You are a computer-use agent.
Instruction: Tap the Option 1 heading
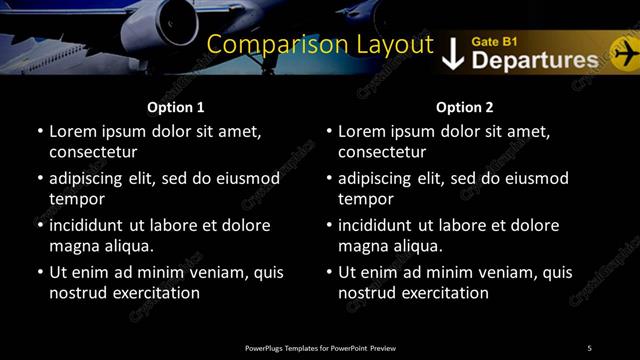pyautogui.click(x=176, y=107)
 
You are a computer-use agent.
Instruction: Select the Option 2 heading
pyautogui.click(x=465, y=107)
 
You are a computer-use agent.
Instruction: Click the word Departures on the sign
pyautogui.click(x=534, y=60)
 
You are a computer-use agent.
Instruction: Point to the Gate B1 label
pyautogui.click(x=494, y=41)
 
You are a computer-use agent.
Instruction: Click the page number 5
pyautogui.click(x=589, y=347)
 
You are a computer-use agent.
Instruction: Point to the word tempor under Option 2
pyautogui.click(x=363, y=199)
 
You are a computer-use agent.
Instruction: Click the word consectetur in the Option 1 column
pyautogui.click(x=93, y=152)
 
